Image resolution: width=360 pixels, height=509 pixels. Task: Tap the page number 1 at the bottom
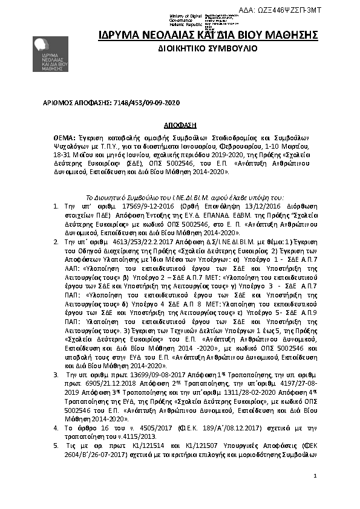pyautogui.click(x=315, y=476)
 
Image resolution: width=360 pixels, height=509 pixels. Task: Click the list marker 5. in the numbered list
pyautogui.click(x=56, y=446)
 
